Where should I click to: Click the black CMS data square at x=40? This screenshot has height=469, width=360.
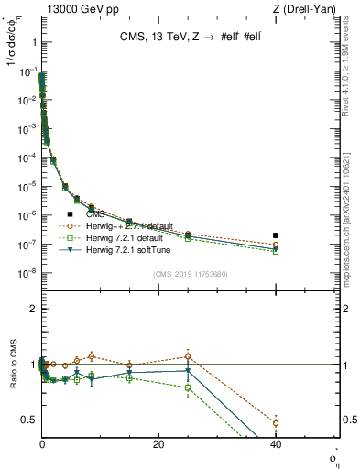(x=276, y=235)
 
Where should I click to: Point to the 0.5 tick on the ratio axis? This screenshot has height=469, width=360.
(x=29, y=420)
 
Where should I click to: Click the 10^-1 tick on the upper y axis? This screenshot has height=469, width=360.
(x=27, y=71)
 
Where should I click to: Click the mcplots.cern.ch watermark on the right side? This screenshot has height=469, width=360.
(x=353, y=229)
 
